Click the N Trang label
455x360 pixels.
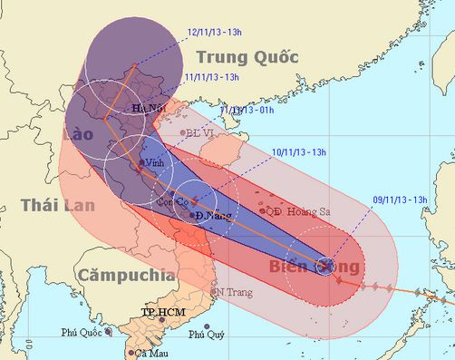[x=232, y=292]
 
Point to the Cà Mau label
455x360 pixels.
[x=151, y=353]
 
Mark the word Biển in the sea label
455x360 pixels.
[x=291, y=267]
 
